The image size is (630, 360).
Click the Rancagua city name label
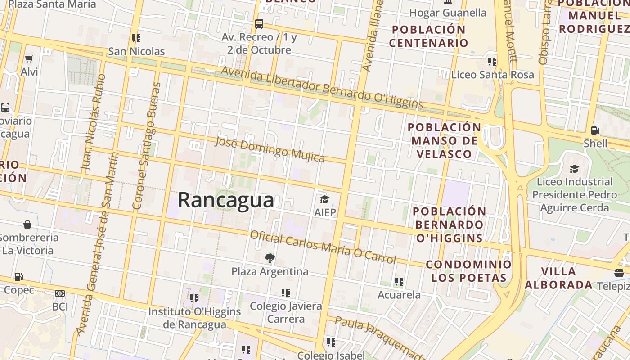point(226,200)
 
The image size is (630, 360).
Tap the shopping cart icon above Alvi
point(29,58)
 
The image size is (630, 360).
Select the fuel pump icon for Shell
point(595,130)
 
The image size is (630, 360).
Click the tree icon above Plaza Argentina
point(270,258)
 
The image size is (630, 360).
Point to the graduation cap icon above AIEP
point(324,199)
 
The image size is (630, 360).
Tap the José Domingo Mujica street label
point(270,149)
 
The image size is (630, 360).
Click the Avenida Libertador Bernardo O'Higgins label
point(322,88)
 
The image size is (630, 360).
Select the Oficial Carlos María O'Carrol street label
point(323,247)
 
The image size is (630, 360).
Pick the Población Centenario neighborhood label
point(429,36)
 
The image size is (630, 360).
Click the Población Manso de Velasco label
point(444,140)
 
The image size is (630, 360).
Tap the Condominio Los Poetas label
point(469,271)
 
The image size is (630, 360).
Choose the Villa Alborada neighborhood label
point(558,278)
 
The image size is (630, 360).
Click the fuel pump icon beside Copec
point(18,276)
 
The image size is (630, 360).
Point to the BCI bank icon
point(60,293)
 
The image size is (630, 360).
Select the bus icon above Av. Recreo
point(259,23)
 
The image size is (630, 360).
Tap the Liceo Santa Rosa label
point(493,75)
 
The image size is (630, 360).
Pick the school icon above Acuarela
point(399,282)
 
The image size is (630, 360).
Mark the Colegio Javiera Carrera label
point(286,312)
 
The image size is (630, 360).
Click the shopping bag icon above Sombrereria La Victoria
point(27,224)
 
